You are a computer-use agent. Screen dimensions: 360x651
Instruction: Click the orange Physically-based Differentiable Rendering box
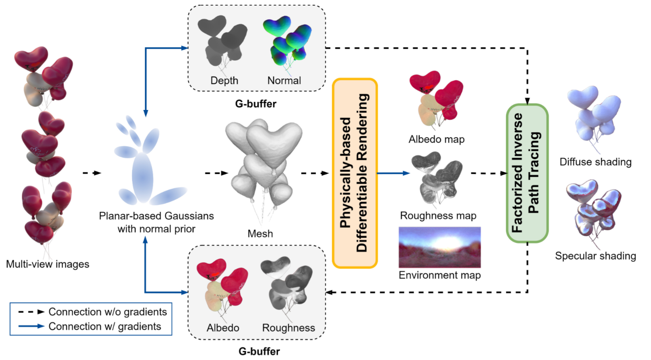pyautogui.click(x=355, y=173)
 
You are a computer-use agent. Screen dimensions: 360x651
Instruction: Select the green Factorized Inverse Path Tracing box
pyautogui.click(x=527, y=173)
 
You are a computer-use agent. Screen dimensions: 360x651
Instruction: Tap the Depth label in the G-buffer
pyautogui.click(x=224, y=81)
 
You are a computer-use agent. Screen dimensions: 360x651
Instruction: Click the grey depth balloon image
pyautogui.click(x=222, y=40)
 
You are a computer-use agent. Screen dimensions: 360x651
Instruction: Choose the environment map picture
pyautogui.click(x=439, y=247)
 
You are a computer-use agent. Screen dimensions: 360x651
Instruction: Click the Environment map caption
pyautogui.click(x=439, y=275)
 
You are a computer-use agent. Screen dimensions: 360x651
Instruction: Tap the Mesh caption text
pyautogui.click(x=260, y=234)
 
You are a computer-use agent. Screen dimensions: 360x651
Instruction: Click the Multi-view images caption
pyautogui.click(x=48, y=264)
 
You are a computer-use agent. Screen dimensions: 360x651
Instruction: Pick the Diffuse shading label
pyautogui.click(x=595, y=162)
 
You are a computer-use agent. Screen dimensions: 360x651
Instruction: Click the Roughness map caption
pyautogui.click(x=438, y=216)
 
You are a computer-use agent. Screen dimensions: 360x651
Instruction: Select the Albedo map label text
pyautogui.click(x=437, y=139)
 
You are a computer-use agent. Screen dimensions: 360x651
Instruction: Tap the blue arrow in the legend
pyautogui.click(x=31, y=327)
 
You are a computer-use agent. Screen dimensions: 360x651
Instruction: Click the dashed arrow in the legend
pyautogui.click(x=31, y=312)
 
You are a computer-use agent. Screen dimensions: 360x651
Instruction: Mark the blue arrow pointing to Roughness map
pyautogui.click(x=393, y=173)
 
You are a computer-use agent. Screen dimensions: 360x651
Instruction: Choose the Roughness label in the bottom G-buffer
pyautogui.click(x=289, y=328)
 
